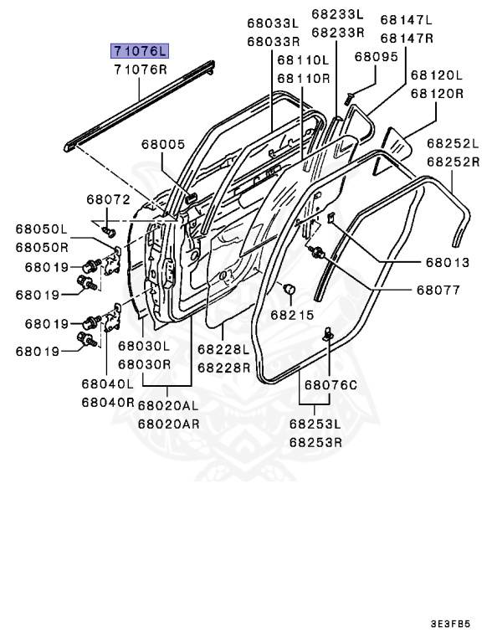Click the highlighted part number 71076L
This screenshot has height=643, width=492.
point(141,51)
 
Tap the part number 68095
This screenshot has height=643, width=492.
point(376,57)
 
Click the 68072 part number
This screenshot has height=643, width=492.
point(108,199)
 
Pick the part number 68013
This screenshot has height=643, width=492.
point(448,263)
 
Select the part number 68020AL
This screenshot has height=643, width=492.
point(169,405)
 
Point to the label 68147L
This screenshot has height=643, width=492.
point(407,19)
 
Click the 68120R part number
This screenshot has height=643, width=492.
point(434,94)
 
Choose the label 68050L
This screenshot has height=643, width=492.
point(41,229)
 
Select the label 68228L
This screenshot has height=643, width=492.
point(223,349)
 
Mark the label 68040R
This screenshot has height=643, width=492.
point(108,402)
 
